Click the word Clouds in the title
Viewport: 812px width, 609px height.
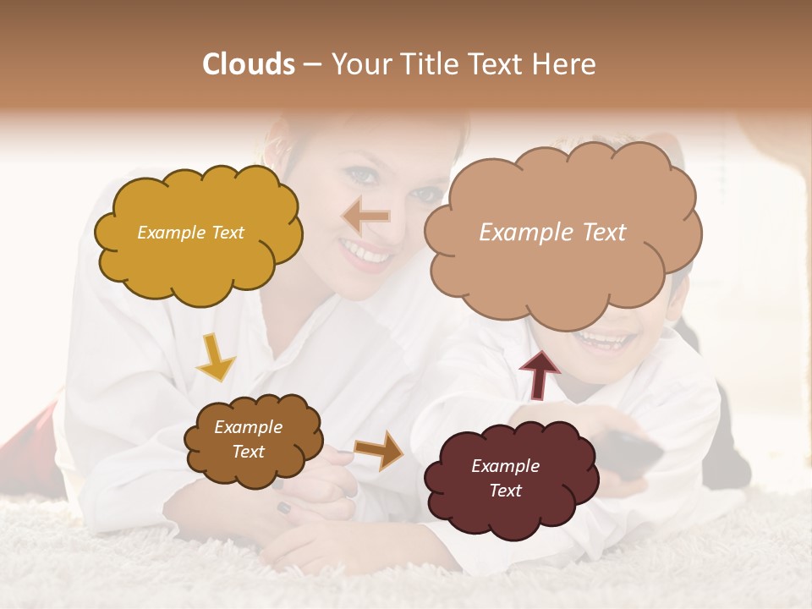click(248, 64)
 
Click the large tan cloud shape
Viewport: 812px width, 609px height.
click(562, 271)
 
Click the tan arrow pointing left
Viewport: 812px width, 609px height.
click(365, 217)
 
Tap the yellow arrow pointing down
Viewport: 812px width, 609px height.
click(215, 357)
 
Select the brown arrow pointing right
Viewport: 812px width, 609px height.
click(379, 449)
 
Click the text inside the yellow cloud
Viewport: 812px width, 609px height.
click(190, 233)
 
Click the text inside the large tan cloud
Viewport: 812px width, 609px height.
click(552, 233)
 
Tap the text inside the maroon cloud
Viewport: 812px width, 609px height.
click(505, 478)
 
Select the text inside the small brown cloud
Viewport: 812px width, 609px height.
click(248, 439)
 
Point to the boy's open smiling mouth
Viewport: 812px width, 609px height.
click(604, 341)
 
